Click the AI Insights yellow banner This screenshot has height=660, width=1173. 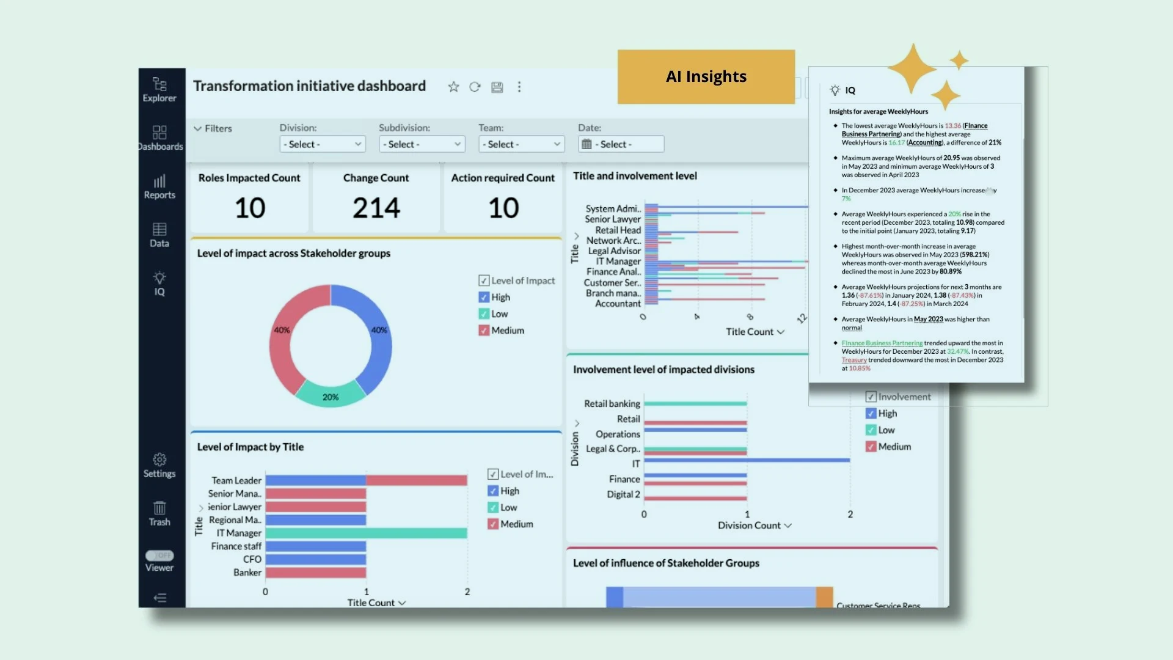pyautogui.click(x=706, y=76)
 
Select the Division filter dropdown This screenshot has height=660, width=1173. pyautogui.click(x=322, y=144)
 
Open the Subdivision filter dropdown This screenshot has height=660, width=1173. pyautogui.click(x=422, y=144)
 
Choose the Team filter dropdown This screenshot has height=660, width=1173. pyautogui.click(x=521, y=144)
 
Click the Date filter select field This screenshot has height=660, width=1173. pyautogui.click(x=621, y=144)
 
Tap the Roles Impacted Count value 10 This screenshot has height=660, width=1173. pyautogui.click(x=250, y=208)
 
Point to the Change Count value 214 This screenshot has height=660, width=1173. pyautogui.click(x=376, y=208)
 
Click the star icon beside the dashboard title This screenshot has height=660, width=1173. pyautogui.click(x=453, y=87)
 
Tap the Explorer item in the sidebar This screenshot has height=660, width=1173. pyautogui.click(x=159, y=89)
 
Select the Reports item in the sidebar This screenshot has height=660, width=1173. pyautogui.click(x=159, y=186)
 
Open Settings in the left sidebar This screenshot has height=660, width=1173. pyautogui.click(x=159, y=465)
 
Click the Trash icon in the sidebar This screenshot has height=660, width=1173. pyautogui.click(x=159, y=513)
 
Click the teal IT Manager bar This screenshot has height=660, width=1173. pyautogui.click(x=366, y=533)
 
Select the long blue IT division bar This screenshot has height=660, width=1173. pyautogui.click(x=747, y=460)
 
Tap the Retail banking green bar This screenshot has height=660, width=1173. pyautogui.click(x=695, y=403)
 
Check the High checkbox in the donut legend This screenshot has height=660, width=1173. pyautogui.click(x=484, y=298)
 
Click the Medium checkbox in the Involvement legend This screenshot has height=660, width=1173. pyautogui.click(x=871, y=447)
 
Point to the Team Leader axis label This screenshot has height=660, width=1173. pyautogui.click(x=236, y=481)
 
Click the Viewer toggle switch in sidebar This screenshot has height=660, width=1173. pyautogui.click(x=159, y=555)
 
